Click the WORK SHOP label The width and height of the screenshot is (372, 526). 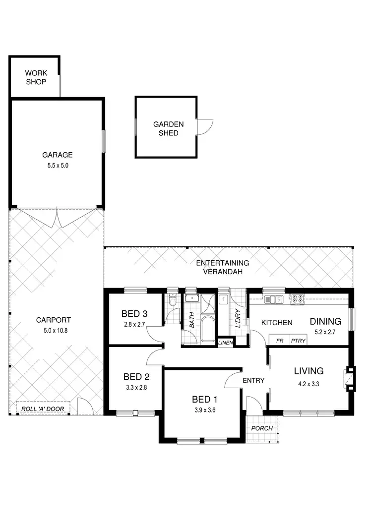pos(36,77)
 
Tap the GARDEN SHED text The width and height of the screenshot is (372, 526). pos(168,129)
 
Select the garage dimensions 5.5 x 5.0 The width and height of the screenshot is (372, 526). pos(57,166)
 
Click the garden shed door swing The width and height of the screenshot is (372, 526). pos(204,126)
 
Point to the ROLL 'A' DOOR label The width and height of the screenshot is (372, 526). pos(43,409)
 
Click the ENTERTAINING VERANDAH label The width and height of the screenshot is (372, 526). pos(222,267)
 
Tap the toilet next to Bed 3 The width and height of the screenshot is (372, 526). pos(172,301)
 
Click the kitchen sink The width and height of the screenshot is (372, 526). pos(273,299)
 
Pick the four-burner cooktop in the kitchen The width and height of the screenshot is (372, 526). pos(297,299)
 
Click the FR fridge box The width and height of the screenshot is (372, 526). pos(279,341)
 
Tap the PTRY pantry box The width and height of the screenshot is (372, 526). pos(298,341)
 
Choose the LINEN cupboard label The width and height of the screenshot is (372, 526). pos(225,343)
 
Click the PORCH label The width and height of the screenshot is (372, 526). pos(262,428)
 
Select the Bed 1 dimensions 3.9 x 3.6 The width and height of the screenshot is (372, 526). pos(205,410)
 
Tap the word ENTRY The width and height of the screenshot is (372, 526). pos(253,380)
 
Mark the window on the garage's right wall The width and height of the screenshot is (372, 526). pos(104,142)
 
